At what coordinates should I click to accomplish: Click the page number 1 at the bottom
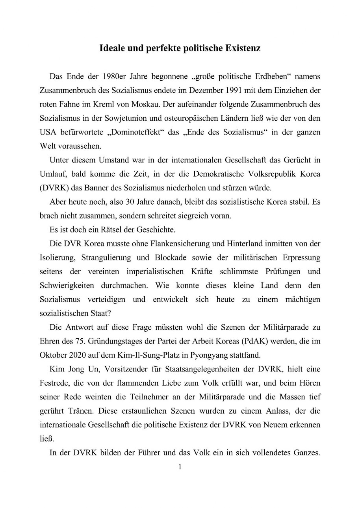(180, 467)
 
